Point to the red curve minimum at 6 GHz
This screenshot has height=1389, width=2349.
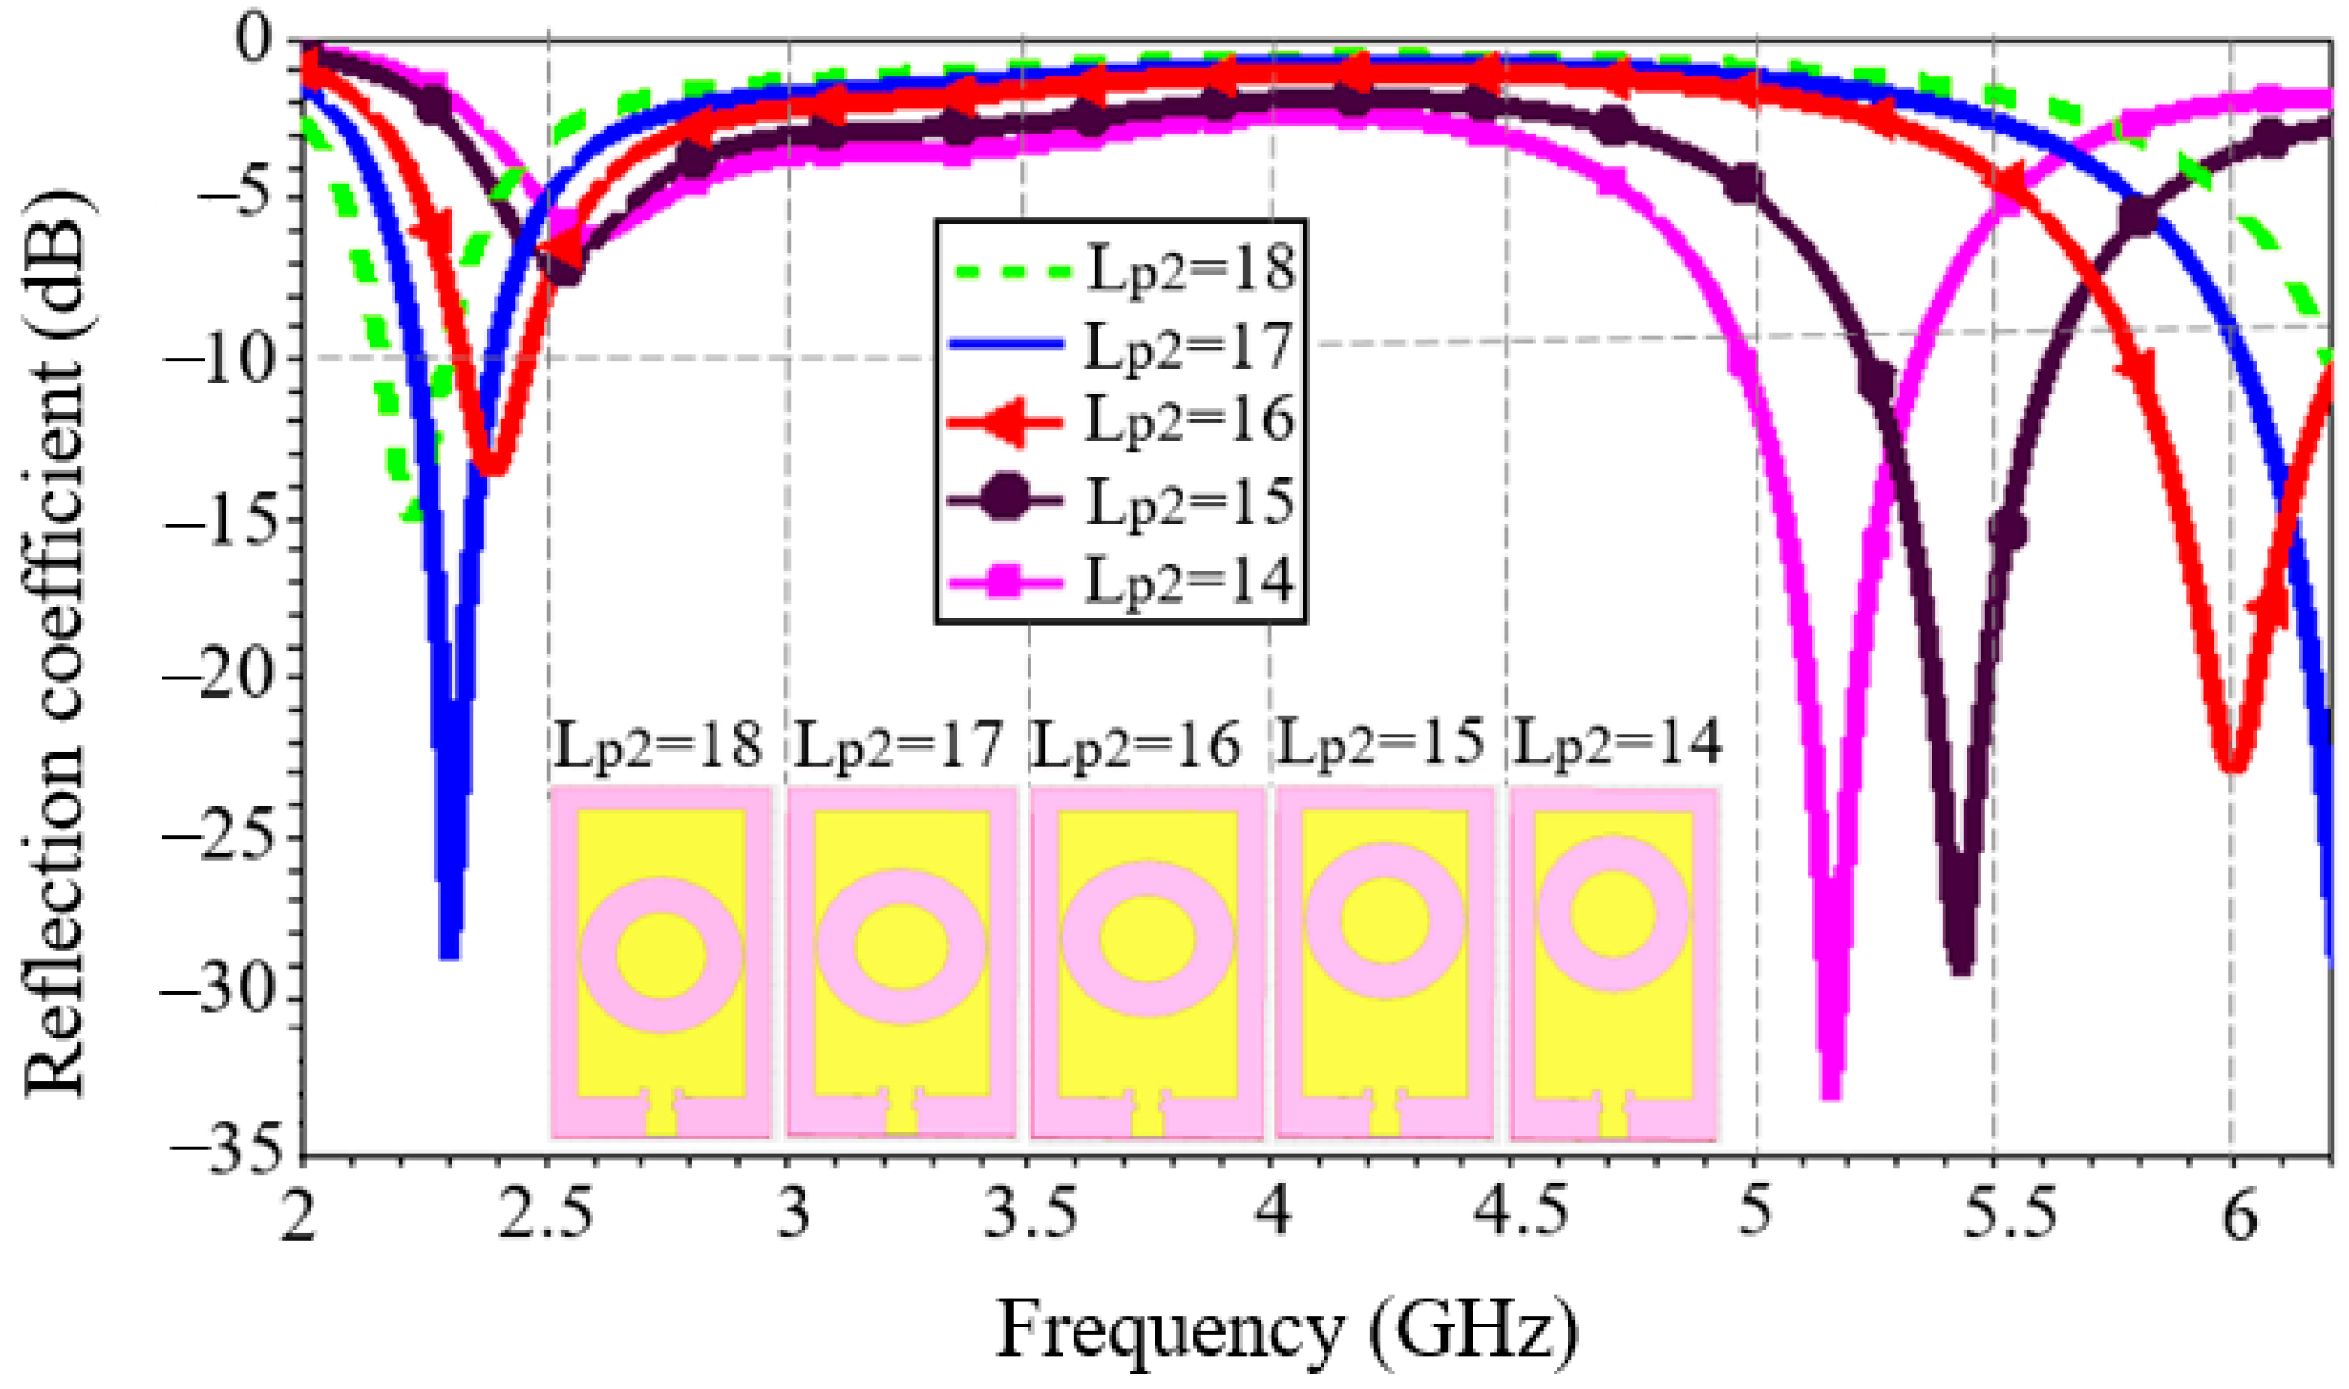pyautogui.click(x=2233, y=770)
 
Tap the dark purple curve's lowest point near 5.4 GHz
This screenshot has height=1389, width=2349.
pyautogui.click(x=1962, y=971)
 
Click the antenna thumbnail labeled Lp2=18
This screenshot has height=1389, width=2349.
pyautogui.click(x=661, y=964)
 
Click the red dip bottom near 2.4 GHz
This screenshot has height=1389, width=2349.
pyautogui.click(x=493, y=468)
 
